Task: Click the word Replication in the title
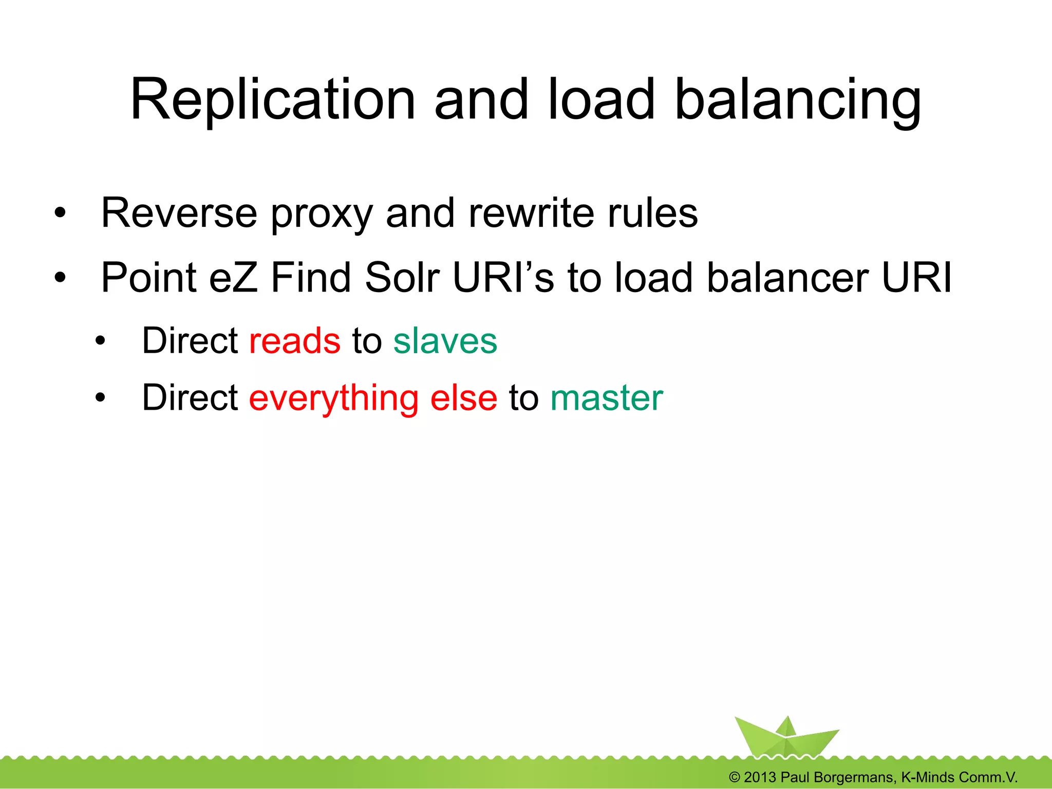(x=272, y=100)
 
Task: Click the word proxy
(x=322, y=215)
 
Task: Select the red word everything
(x=334, y=398)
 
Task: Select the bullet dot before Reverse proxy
(x=60, y=213)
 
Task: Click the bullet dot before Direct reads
(x=100, y=341)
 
